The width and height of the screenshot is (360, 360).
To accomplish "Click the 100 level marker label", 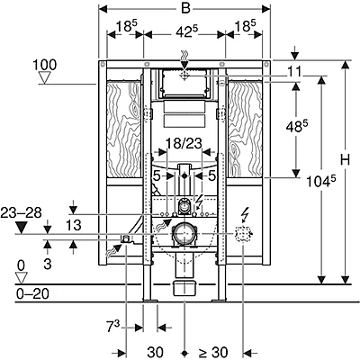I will click(46, 65).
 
